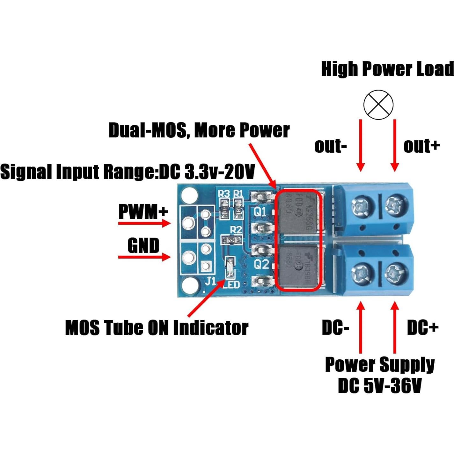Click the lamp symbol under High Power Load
pos(378,105)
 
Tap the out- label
pos(330,146)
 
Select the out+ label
pos(421,146)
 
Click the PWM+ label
pos(143,211)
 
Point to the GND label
pos(143,245)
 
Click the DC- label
pos(335,327)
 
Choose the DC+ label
pos(423,327)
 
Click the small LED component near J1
pos(229,267)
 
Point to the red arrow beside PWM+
pos(144,223)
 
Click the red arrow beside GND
pos(144,257)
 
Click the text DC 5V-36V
pos(379,386)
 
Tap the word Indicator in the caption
pos(210,328)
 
